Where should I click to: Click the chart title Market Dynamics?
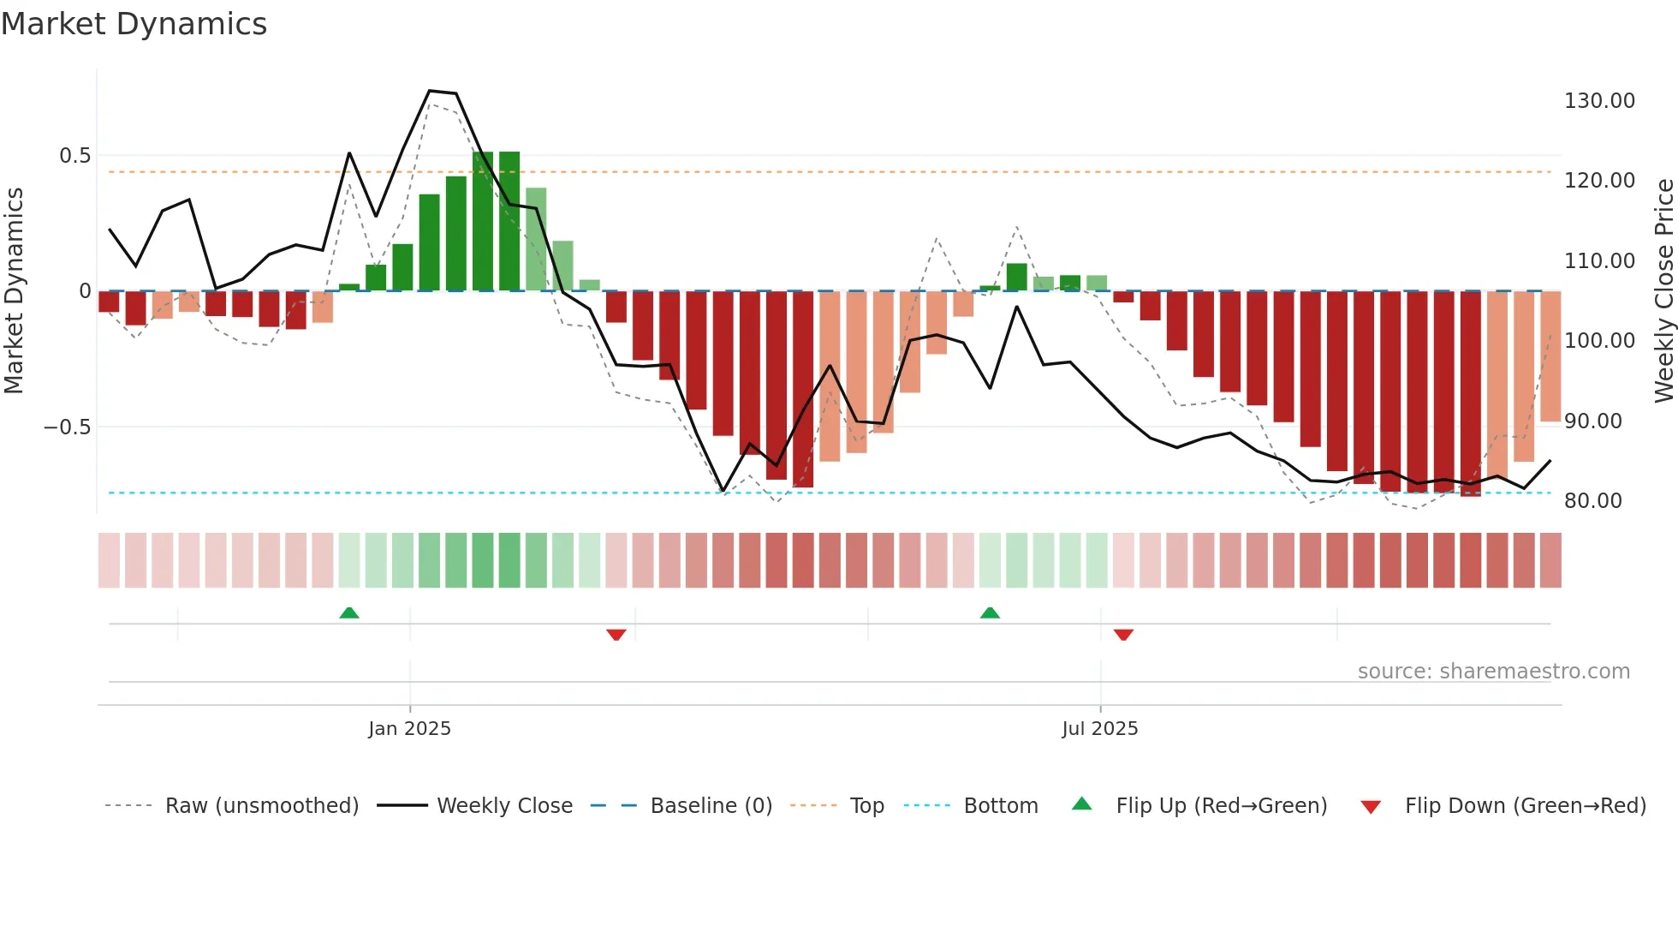134,24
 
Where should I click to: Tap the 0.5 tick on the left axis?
74,156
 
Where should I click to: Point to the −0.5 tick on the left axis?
67,427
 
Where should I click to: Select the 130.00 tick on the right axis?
1599,101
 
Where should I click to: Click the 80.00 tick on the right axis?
1592,501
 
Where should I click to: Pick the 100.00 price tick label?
1599,341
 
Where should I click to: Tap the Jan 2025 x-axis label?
409,729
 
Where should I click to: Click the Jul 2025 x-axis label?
1099,729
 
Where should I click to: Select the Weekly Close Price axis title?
1663,290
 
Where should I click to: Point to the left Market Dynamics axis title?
14,290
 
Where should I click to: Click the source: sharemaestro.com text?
1493,672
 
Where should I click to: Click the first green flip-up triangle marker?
349,612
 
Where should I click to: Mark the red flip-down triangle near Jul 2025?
1123,635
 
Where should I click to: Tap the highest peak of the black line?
430,91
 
